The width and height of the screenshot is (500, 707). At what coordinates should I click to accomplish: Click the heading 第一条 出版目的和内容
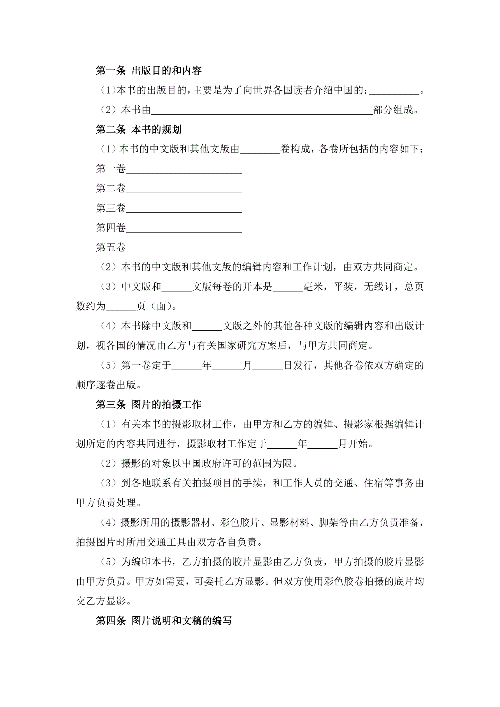click(148, 71)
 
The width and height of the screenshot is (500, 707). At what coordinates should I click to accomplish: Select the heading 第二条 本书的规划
click(139, 129)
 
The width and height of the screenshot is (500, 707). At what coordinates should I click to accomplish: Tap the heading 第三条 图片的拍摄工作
click(148, 404)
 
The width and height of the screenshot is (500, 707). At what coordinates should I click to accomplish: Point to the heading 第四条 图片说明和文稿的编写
click(164, 620)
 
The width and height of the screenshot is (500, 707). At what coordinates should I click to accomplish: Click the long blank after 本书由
click(262, 111)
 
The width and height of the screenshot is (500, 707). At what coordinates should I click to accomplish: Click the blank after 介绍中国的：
click(394, 91)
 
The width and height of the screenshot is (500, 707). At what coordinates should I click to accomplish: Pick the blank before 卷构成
click(260, 150)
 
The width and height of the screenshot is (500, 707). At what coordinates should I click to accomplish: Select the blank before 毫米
click(288, 288)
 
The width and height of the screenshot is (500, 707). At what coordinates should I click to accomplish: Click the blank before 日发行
click(268, 367)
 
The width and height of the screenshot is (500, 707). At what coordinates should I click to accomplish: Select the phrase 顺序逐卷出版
click(106, 385)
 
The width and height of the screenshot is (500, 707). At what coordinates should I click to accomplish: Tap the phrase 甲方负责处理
click(106, 503)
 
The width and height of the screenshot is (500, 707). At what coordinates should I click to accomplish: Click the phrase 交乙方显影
click(101, 601)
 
